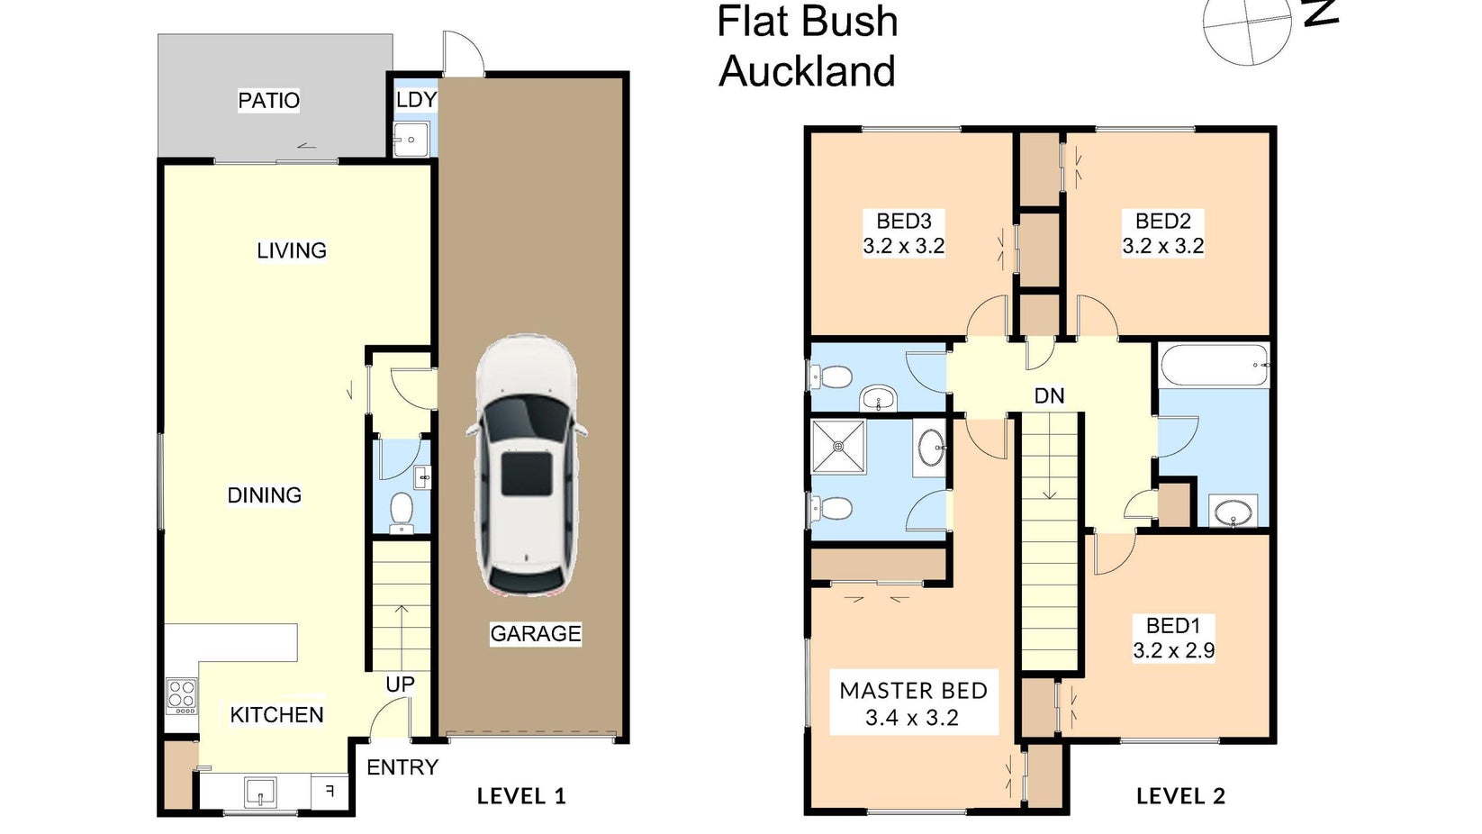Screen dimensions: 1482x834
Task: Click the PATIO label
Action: [x=268, y=101]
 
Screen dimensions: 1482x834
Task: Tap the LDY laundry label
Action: [x=416, y=100]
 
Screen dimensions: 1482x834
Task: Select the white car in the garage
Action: [x=526, y=465]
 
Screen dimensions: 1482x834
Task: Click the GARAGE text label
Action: [x=535, y=633]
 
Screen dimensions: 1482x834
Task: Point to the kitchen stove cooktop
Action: [x=181, y=696]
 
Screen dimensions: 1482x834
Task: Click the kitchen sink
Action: [x=261, y=792]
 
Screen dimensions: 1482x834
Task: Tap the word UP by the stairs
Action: [x=400, y=684]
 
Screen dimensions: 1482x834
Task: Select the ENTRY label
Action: [x=402, y=767]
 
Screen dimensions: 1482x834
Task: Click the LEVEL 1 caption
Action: [x=521, y=796]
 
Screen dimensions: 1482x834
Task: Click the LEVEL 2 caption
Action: [x=1180, y=796]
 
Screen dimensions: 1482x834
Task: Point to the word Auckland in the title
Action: [x=807, y=71]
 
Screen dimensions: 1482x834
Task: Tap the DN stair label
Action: [x=1049, y=395]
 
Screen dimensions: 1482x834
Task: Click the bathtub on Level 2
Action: [x=1214, y=365]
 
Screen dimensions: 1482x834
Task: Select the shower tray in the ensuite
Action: [x=838, y=447]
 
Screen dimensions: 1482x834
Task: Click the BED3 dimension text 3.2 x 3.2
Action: [x=903, y=246]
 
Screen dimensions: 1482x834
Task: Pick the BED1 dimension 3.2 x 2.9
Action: [x=1173, y=650]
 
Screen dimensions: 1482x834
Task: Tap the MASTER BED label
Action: [x=913, y=691]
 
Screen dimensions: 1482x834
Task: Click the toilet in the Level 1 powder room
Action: [x=401, y=512]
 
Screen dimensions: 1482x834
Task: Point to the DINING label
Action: [x=264, y=495]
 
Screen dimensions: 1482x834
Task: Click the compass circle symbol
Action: [x=1246, y=23]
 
